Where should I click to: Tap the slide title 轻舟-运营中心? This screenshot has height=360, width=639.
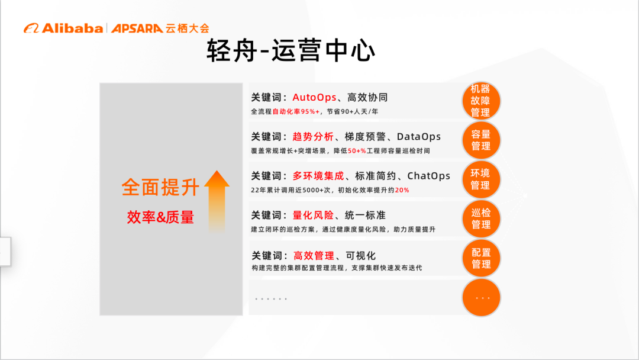pyautogui.click(x=291, y=51)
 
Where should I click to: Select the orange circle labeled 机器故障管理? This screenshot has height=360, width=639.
pyautogui.click(x=480, y=101)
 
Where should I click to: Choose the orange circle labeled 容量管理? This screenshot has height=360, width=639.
pyautogui.click(x=480, y=140)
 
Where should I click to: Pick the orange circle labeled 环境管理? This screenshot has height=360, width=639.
pyautogui.click(x=480, y=179)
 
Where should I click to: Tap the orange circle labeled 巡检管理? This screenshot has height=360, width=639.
pyautogui.click(x=480, y=218)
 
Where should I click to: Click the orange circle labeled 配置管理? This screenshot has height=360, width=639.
pyautogui.click(x=480, y=258)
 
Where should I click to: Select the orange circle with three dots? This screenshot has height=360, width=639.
pyautogui.click(x=480, y=297)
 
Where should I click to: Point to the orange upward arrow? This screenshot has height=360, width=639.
pyautogui.click(x=217, y=201)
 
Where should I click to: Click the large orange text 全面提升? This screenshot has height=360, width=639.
pyautogui.click(x=160, y=187)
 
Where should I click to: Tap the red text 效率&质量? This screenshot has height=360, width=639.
pyautogui.click(x=160, y=217)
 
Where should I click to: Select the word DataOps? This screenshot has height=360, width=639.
pyautogui.click(x=419, y=137)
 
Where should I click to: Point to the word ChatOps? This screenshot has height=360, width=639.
pyautogui.click(x=428, y=176)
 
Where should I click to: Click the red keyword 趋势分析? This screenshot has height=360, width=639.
pyautogui.click(x=313, y=137)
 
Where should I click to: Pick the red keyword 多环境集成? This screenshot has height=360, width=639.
pyautogui.click(x=318, y=176)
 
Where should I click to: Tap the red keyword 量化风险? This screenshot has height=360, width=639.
pyautogui.click(x=313, y=215)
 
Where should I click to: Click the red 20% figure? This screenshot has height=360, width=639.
pyautogui.click(x=402, y=190)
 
